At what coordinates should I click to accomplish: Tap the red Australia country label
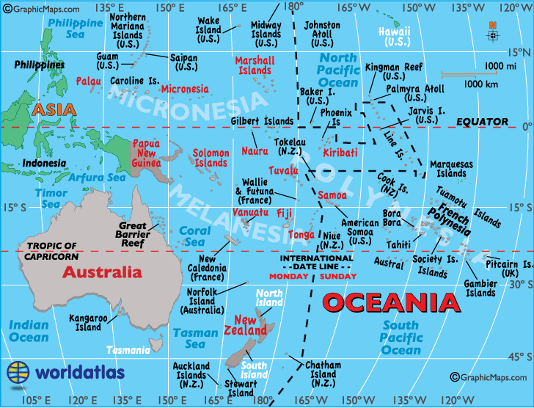point(102,272)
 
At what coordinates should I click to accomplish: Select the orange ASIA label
point(54,110)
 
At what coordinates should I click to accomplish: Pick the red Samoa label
point(332,195)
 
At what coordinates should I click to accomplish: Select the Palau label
point(88,81)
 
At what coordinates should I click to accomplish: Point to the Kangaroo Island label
point(88,323)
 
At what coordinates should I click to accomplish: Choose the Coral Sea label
point(194,236)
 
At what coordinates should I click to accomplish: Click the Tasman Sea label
point(195,338)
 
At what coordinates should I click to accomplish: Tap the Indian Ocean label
point(29,331)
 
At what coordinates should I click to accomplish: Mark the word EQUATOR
point(481,121)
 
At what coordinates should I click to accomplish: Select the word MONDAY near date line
point(288,276)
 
